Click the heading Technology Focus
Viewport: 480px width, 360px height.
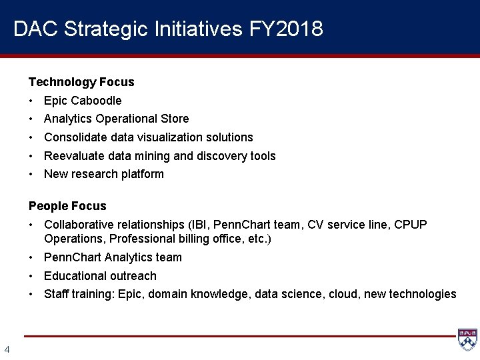81,82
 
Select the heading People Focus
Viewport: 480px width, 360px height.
67,206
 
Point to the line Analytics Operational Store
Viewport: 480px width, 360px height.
116,119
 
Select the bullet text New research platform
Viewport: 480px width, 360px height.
103,174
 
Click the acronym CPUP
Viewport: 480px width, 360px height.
411,225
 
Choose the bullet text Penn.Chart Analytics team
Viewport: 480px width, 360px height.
113,257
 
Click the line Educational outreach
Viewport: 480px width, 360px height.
100,276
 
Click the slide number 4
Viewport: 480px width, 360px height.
7,349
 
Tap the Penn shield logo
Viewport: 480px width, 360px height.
467,339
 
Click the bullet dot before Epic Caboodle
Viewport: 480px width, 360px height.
31,101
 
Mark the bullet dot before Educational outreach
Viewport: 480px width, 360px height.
31,276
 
